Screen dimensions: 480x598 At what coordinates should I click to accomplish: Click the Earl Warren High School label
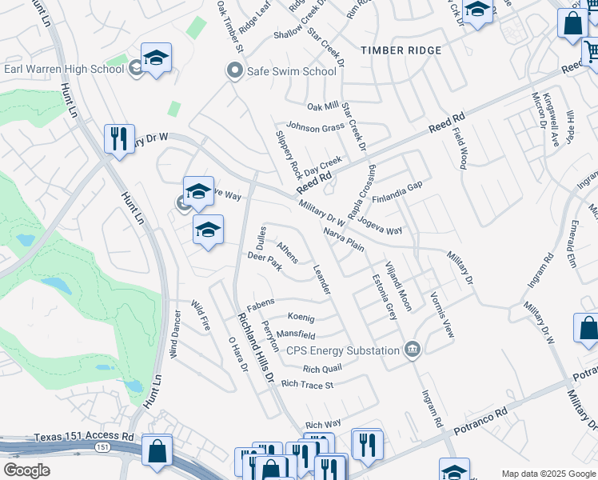(64, 69)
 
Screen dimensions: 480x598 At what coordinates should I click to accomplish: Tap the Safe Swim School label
(291, 71)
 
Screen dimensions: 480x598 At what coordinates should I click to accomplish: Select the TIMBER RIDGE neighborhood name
(401, 50)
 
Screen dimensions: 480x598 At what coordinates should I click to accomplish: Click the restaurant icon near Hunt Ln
(119, 138)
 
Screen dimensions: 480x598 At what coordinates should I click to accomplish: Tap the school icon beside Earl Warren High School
(157, 58)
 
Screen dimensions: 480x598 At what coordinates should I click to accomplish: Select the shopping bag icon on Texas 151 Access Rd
(157, 450)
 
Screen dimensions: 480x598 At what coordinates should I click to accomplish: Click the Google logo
(26, 470)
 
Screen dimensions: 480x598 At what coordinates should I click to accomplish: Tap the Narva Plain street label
(344, 239)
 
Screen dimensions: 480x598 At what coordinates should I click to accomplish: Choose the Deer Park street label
(265, 262)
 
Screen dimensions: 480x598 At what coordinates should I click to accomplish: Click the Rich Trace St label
(307, 385)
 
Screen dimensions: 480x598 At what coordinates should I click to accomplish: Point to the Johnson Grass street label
(316, 128)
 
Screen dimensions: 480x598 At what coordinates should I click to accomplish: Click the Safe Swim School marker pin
(234, 70)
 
